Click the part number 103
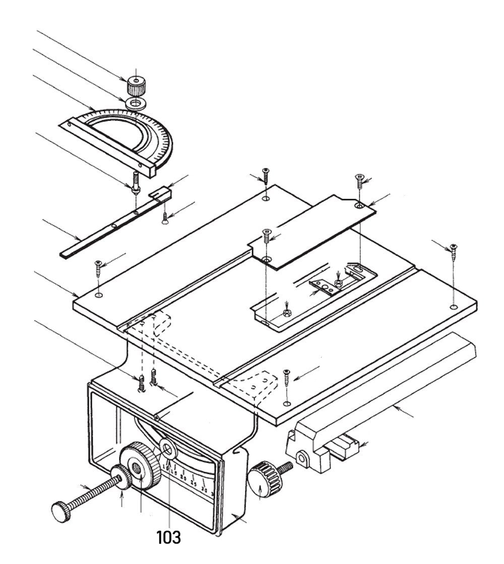pyautogui.click(x=168, y=537)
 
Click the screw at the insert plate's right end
pyautogui.click(x=359, y=179)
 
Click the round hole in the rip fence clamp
pyautogui.click(x=301, y=458)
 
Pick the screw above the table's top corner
pyautogui.click(x=265, y=177)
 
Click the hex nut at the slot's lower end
pyautogui.click(x=286, y=312)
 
